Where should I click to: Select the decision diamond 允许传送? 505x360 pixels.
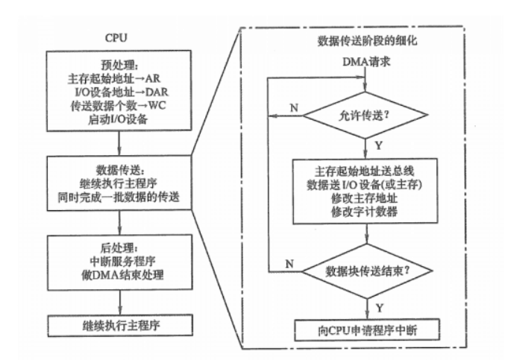[x=363, y=116]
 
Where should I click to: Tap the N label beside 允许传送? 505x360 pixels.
[x=292, y=107]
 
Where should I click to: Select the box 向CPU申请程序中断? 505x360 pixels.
[x=363, y=328]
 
